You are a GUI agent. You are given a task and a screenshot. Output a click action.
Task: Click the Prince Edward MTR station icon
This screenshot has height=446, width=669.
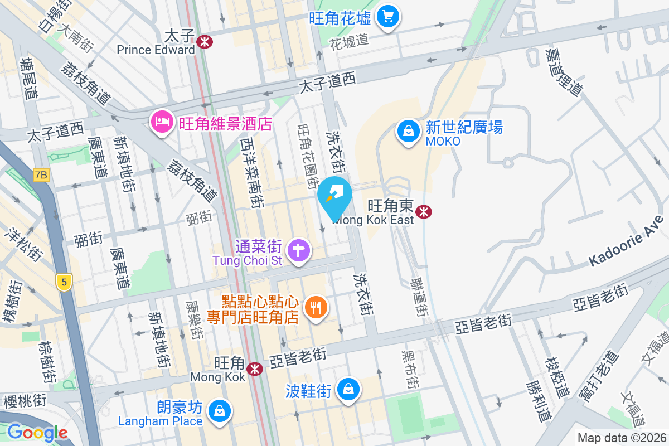[205, 41]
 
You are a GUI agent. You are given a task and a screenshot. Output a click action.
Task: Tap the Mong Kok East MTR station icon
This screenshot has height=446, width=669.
[424, 211]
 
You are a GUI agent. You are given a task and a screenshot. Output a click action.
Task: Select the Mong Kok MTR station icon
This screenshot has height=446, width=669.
[255, 369]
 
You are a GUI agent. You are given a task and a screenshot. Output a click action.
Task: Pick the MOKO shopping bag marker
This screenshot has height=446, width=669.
[409, 132]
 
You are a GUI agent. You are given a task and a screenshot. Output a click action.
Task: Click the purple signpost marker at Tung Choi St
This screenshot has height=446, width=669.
[299, 249]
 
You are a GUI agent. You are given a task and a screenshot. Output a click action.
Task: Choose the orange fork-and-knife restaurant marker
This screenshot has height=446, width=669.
[316, 307]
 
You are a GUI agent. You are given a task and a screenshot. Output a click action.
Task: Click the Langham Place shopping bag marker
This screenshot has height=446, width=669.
[220, 411]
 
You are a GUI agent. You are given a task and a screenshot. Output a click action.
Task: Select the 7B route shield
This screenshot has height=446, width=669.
[41, 175]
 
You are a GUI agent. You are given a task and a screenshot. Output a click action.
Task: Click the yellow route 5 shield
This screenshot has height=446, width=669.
[64, 282]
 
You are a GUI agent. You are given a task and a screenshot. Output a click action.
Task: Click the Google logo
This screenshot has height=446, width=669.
[37, 433]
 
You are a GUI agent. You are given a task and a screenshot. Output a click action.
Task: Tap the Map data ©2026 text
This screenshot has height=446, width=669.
[622, 438]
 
